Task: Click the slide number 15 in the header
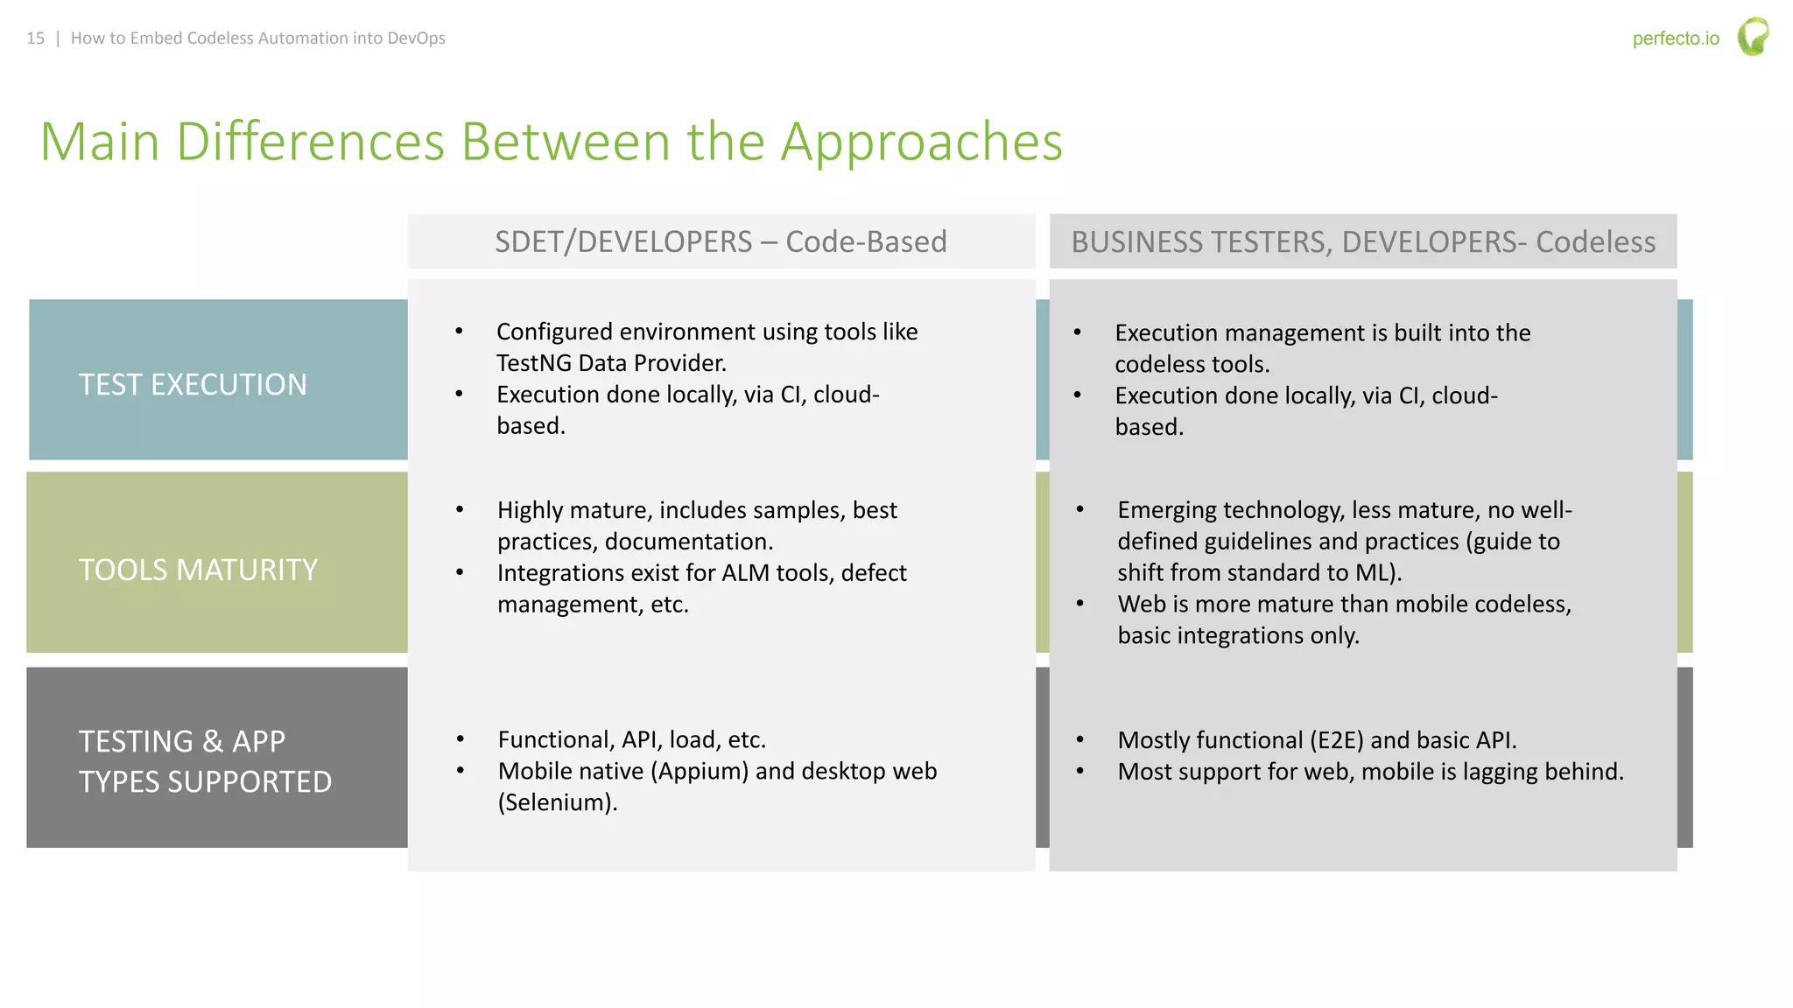[x=35, y=38]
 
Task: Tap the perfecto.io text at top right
[x=1675, y=38]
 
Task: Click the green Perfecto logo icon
[x=1753, y=37]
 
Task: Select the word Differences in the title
[x=310, y=142]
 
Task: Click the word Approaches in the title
[x=921, y=142]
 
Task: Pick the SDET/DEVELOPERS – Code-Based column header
[x=721, y=241]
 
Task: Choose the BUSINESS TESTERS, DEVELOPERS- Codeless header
[x=1363, y=241]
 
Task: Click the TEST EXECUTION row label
[x=193, y=385]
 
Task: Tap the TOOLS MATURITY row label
[x=198, y=570]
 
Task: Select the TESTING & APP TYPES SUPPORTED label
[x=205, y=761]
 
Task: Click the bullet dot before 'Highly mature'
[x=460, y=510]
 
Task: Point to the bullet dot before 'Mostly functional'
[x=1079, y=740]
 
